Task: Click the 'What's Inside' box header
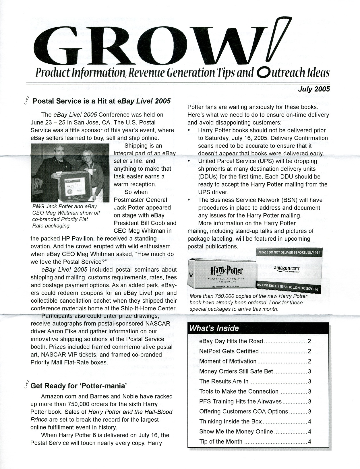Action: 214,328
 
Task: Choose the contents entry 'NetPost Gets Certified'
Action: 229,351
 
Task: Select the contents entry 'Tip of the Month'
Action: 221,441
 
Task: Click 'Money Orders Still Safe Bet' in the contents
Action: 236,371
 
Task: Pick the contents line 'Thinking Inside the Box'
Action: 231,421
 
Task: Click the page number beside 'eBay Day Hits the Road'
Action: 309,341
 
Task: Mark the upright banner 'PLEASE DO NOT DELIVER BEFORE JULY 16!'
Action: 289,252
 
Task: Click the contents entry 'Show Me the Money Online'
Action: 236,431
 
